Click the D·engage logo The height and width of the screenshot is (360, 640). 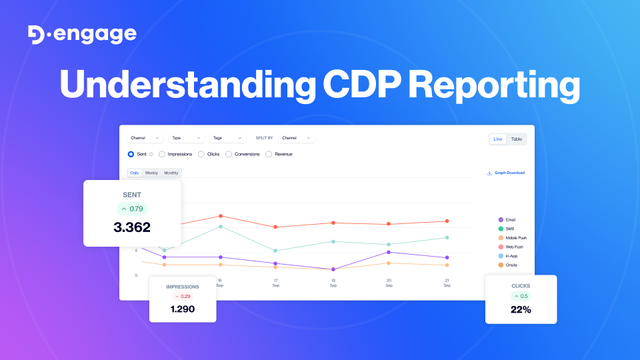point(82,35)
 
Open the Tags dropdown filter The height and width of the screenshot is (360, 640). point(227,138)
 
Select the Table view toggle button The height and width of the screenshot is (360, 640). point(517,139)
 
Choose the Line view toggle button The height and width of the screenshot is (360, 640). point(498,139)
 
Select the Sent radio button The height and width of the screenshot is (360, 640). point(131,154)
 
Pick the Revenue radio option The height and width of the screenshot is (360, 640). point(269,154)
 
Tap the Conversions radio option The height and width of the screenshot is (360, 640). point(229,154)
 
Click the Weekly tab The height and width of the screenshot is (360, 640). point(151,173)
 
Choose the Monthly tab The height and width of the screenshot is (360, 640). point(171,173)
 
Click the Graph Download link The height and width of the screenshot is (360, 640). point(506,173)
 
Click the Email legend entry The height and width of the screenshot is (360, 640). point(510,219)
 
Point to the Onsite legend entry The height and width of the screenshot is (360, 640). point(510,265)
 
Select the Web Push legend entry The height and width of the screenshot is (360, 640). point(513,247)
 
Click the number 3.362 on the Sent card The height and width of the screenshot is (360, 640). point(132,227)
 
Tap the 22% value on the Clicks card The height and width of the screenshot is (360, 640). point(521,309)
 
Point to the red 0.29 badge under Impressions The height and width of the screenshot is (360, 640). point(182,296)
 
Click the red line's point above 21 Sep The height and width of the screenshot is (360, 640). point(447,221)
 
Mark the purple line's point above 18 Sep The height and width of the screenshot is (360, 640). point(333,269)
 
